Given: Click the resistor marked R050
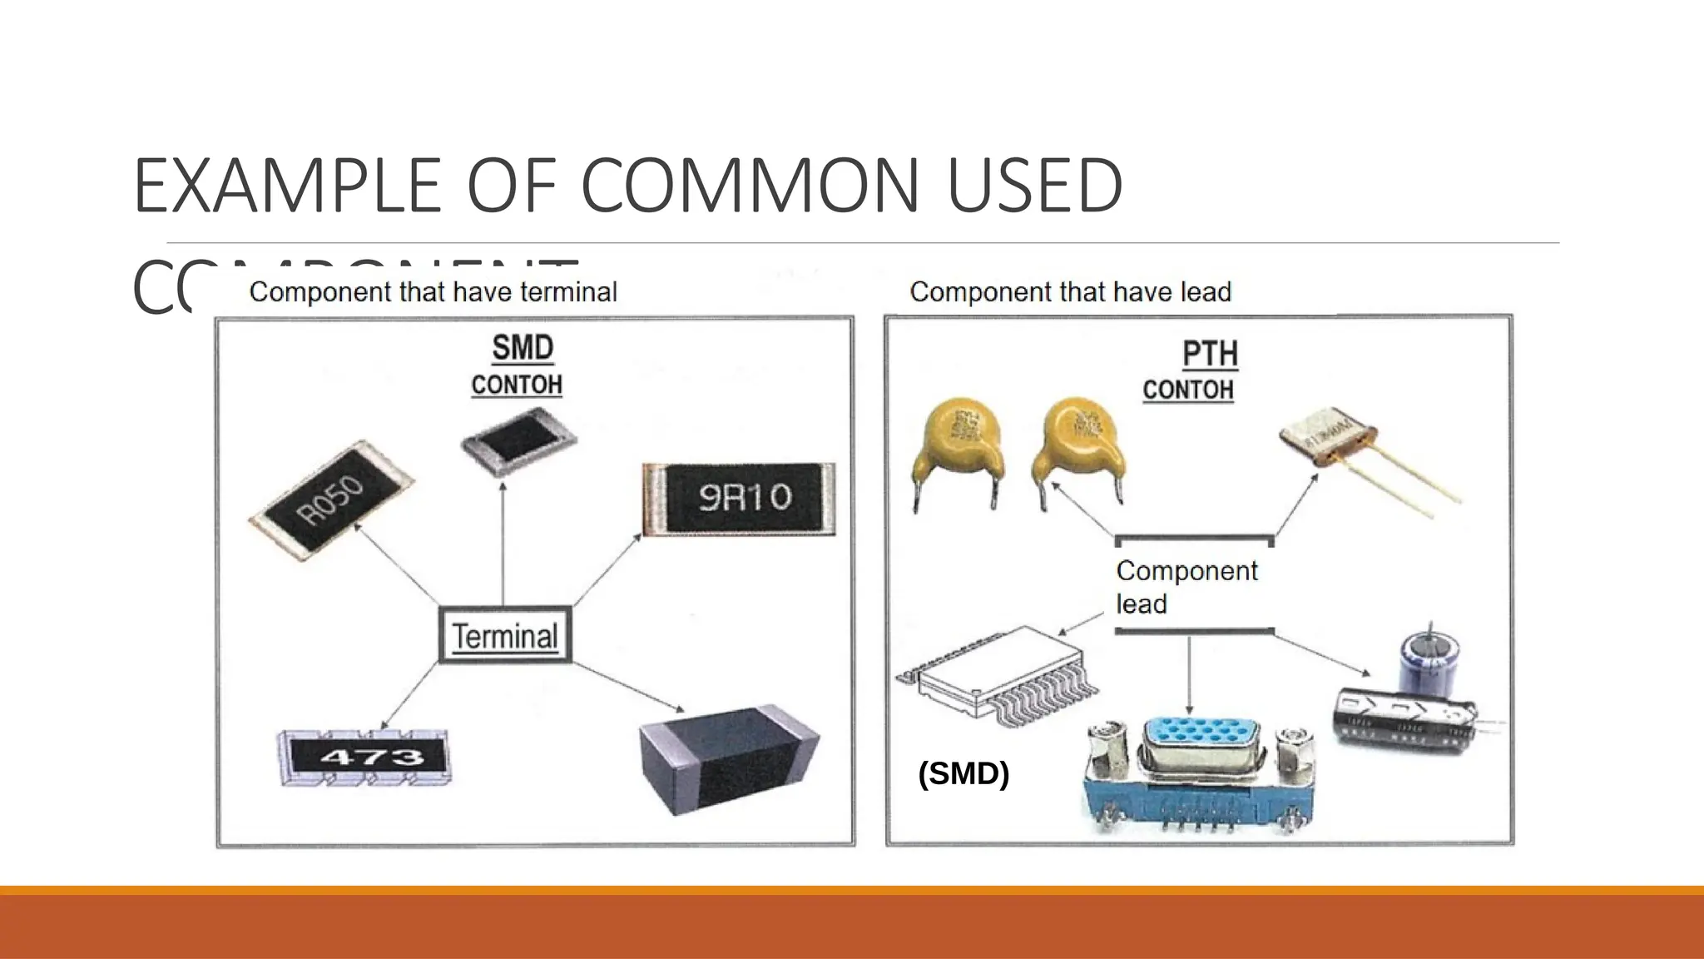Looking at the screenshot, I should click(x=331, y=500).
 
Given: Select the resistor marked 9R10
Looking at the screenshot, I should click(x=739, y=498).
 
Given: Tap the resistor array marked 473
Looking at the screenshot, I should click(x=364, y=757).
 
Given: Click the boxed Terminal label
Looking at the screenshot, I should click(x=505, y=636).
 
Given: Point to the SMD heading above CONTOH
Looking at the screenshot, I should click(x=523, y=348).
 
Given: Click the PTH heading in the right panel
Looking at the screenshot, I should click(x=1210, y=354).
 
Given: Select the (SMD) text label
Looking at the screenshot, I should click(x=963, y=773).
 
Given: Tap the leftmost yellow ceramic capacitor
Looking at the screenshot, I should click(x=957, y=450).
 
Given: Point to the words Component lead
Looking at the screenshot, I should click(x=1186, y=587).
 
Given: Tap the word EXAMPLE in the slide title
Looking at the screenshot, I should click(x=287, y=185).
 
